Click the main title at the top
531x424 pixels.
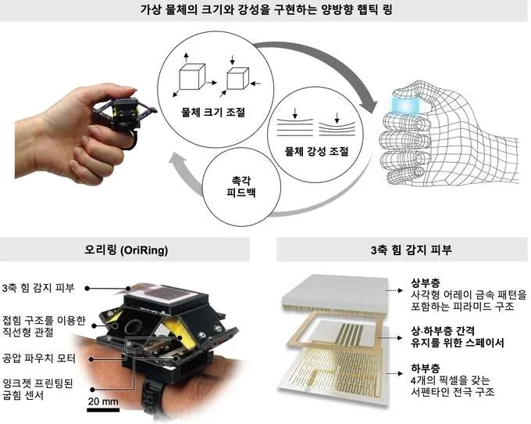[266, 9]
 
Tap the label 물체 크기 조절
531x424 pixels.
[213, 112]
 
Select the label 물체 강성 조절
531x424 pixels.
[316, 151]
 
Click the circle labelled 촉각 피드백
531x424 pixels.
[241, 187]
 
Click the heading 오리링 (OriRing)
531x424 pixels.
[126, 250]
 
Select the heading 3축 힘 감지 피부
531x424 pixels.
[411, 250]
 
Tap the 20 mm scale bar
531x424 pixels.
[103, 410]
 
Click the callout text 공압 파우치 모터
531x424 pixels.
[38, 358]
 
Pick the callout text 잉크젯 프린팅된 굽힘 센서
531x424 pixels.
[38, 390]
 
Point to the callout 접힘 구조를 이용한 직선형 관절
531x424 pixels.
[44, 326]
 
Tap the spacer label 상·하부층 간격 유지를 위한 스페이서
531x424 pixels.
[458, 336]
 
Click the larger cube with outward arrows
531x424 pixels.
[192, 77]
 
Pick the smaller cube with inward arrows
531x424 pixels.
[237, 79]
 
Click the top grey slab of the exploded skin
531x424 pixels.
[335, 293]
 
